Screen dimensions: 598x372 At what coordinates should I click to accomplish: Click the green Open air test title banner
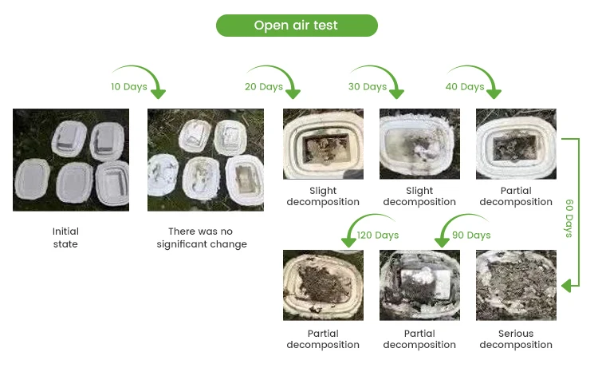(x=296, y=26)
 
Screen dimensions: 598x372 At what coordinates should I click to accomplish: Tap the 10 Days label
(x=128, y=86)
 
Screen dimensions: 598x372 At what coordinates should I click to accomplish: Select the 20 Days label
(x=264, y=86)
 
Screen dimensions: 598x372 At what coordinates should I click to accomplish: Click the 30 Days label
(x=368, y=86)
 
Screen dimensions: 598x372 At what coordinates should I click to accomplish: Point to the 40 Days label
(x=465, y=86)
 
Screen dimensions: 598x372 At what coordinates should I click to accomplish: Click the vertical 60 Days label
(x=569, y=218)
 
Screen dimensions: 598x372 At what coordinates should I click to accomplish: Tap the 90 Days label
(x=471, y=235)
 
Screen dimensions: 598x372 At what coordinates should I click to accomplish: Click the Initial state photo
(x=70, y=160)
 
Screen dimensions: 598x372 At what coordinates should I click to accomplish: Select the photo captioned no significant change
(x=206, y=160)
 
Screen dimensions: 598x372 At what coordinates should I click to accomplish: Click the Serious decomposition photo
(x=516, y=285)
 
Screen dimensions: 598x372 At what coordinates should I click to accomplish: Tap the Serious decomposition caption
(x=516, y=339)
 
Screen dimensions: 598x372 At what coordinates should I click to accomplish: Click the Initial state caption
(x=65, y=238)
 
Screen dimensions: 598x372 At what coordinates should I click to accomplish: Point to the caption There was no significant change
(x=207, y=238)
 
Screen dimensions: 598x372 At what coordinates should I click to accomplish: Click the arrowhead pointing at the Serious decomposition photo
(x=567, y=285)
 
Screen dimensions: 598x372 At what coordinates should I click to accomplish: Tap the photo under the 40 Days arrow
(x=516, y=144)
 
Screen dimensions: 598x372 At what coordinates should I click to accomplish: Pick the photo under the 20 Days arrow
(x=323, y=144)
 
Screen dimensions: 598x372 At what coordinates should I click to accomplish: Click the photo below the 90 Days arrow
(x=419, y=285)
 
